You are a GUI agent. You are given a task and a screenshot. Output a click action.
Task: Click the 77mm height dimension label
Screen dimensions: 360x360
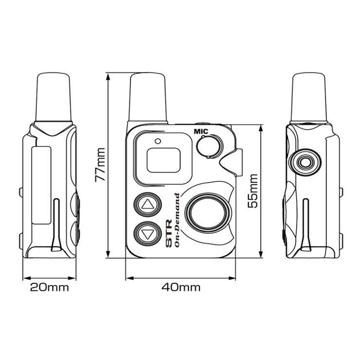[x=100, y=164]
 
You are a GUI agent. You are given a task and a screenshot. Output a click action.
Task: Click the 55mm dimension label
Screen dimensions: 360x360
[x=253, y=191]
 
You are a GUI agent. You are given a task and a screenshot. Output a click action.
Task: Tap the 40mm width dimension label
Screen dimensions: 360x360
[x=180, y=287]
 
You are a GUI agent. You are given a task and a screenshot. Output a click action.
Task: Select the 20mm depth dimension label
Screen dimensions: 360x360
[x=49, y=287]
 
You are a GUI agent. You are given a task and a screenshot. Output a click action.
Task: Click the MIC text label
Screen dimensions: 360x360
[x=201, y=131]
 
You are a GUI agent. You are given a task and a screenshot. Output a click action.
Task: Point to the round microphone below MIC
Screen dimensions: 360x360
[x=210, y=146]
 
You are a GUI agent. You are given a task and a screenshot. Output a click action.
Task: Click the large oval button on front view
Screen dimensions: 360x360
[x=209, y=213]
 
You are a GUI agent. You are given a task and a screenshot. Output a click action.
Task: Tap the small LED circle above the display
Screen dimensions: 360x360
[x=158, y=141]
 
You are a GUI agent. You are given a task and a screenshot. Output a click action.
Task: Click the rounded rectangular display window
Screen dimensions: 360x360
[x=163, y=160]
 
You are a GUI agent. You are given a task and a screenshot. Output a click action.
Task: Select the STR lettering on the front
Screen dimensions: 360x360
[x=169, y=233]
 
